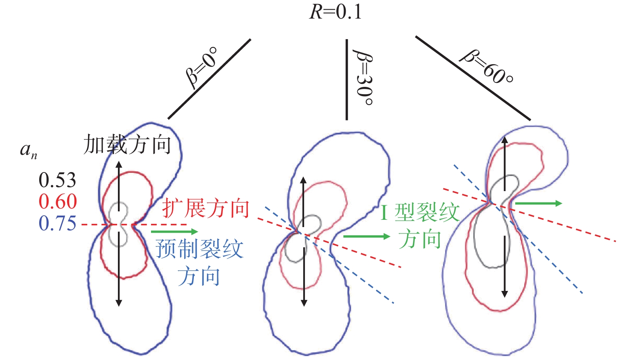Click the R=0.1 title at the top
[x=336, y=12]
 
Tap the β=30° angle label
[x=363, y=77]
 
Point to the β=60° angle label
[x=487, y=67]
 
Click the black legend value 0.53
[x=57, y=180]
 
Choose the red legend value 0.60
[x=58, y=202]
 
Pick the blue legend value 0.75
[x=57, y=223]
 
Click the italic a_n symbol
[x=28, y=150]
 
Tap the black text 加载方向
[x=127, y=145]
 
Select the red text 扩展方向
[x=206, y=209]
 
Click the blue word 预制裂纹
[x=199, y=249]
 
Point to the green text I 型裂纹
[x=420, y=212]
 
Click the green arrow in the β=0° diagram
[x=174, y=232]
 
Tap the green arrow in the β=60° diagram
[x=539, y=203]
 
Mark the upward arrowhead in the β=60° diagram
[x=504, y=140]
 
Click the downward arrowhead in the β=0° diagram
[x=119, y=303]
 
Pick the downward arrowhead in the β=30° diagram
[x=304, y=303]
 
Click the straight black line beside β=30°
[x=346, y=79]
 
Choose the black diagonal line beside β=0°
[x=209, y=79]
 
